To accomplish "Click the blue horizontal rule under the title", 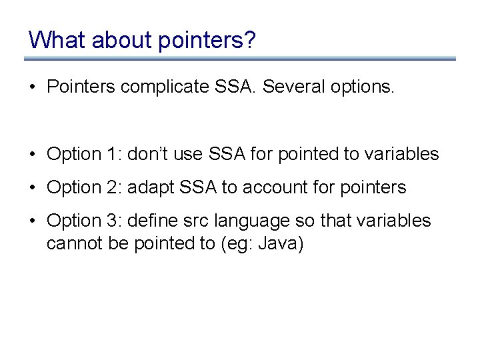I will (x=240, y=59).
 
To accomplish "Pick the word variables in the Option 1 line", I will (x=406, y=154).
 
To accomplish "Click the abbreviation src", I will (x=188, y=221).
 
